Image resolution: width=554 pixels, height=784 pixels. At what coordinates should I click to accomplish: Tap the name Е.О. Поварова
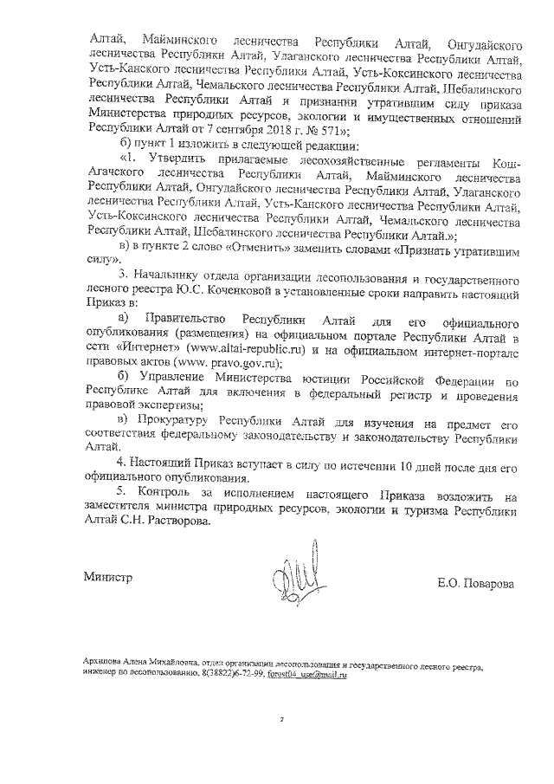(x=474, y=583)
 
